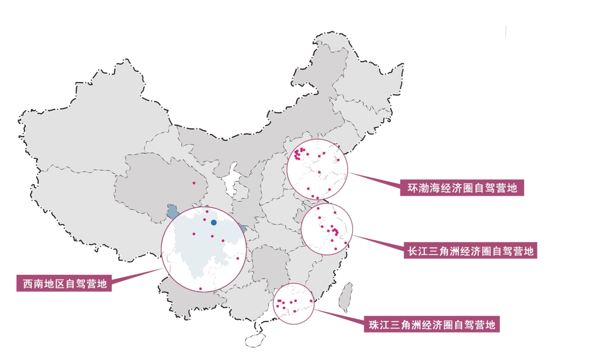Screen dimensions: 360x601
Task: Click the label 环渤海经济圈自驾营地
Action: tap(462, 188)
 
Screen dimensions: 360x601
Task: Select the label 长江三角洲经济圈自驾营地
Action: tap(470, 251)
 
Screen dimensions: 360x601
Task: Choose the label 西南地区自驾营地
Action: tap(64, 283)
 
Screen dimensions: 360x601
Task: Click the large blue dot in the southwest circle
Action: tap(214, 223)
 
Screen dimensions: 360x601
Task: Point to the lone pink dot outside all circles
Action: tap(194, 183)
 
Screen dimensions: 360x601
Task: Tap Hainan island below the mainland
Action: tap(255, 339)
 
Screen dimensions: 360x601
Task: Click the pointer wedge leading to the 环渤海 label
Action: tap(376, 179)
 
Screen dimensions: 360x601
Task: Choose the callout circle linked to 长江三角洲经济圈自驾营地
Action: tap(327, 229)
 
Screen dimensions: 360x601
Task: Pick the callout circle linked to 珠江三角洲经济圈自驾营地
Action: tap(294, 304)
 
